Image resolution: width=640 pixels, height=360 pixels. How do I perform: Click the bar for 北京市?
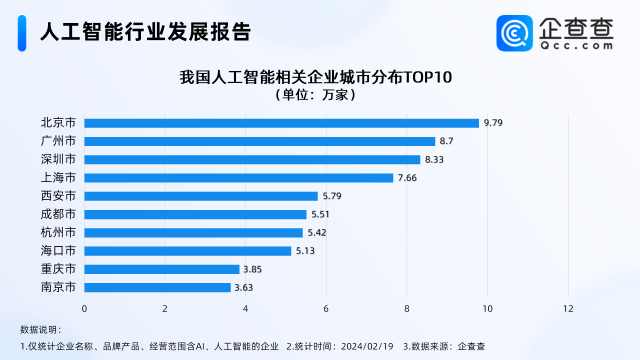(281, 123)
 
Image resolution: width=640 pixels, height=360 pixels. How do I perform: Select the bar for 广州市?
(259, 141)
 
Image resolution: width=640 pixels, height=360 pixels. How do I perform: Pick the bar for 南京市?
(157, 288)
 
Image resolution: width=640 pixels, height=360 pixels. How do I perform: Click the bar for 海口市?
(187, 251)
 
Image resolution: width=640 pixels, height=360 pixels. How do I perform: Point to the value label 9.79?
(492, 123)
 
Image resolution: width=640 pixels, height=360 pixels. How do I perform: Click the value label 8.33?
(434, 159)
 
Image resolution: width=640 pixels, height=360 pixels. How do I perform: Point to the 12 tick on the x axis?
(568, 308)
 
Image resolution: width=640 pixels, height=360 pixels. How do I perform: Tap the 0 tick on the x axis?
(85, 308)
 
